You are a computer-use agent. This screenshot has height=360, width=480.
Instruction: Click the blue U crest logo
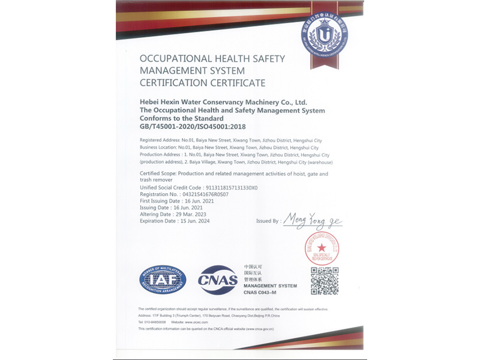click(324, 35)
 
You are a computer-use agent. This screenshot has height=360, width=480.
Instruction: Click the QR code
click(325, 281)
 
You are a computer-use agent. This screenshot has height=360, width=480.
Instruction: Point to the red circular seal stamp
click(322, 248)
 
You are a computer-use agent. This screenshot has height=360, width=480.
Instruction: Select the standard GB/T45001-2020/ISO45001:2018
click(193, 127)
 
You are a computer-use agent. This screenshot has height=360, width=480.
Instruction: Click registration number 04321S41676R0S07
click(202, 194)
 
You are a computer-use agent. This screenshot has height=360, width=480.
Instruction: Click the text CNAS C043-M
click(265, 292)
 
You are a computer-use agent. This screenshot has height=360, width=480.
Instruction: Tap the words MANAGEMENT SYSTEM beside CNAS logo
click(270, 286)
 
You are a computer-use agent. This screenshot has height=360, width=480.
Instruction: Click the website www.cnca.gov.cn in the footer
click(259, 329)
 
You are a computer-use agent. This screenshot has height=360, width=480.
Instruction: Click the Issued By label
click(268, 221)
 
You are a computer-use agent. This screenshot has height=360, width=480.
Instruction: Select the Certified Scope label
click(158, 173)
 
